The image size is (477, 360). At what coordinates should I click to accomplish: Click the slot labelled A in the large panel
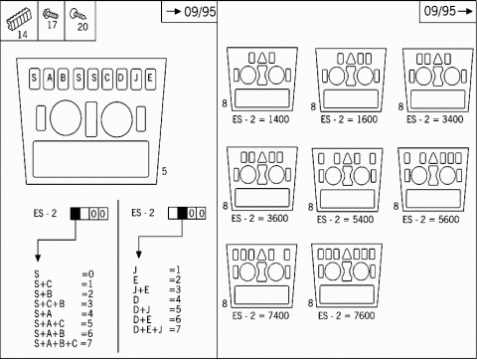pyautogui.click(x=49, y=79)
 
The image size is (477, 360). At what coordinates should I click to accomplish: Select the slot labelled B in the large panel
pyautogui.click(x=63, y=79)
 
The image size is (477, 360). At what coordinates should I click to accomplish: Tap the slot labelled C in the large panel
pyautogui.click(x=106, y=79)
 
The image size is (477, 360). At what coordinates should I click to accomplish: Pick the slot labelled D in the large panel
pyautogui.click(x=121, y=79)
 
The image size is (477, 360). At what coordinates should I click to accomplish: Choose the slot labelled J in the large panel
pyautogui.click(x=136, y=79)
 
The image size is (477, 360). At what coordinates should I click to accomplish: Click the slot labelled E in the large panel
pyautogui.click(x=150, y=79)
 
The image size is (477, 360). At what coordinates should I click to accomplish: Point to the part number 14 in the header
pyautogui.click(x=22, y=34)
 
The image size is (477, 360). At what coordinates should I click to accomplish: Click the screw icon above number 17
pyautogui.click(x=51, y=14)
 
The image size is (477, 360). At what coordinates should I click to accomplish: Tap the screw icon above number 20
pyautogui.click(x=78, y=14)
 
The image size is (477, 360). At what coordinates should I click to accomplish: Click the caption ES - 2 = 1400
pyautogui.click(x=260, y=119)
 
